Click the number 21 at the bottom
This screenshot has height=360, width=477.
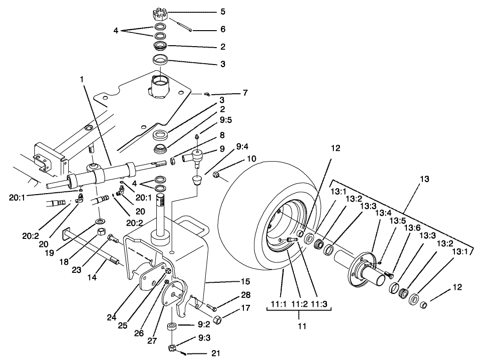[215, 352]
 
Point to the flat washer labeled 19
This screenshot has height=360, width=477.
[100, 221]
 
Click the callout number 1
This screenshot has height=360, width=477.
[83, 81]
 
